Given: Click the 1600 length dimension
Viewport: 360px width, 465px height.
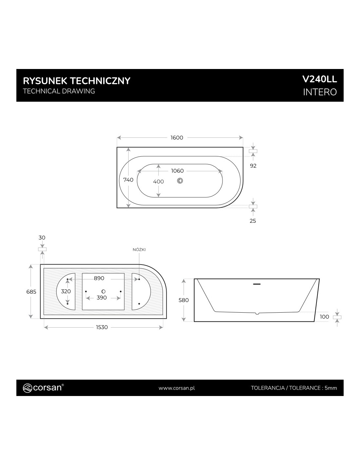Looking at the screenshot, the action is click(x=177, y=138).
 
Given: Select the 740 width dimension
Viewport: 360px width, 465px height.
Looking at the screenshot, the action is click(x=128, y=180).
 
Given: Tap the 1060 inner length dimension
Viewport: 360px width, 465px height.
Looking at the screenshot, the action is click(x=177, y=171).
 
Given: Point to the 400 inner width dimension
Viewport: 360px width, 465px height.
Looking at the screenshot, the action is click(x=158, y=181).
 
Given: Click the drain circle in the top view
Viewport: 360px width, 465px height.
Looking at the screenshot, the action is click(x=180, y=181).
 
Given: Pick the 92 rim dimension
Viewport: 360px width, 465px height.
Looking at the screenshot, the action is click(x=253, y=166).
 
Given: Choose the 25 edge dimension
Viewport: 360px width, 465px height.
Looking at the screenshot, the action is click(x=253, y=221).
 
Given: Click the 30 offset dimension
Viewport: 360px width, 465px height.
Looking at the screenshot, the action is click(x=42, y=237).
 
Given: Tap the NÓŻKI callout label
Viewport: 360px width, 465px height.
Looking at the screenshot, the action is click(x=139, y=250).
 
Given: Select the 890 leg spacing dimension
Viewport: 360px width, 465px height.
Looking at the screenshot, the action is click(x=99, y=278).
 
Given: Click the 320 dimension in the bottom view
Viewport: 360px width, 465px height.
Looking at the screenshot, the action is click(x=66, y=291).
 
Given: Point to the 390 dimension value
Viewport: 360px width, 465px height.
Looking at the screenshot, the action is click(x=101, y=298).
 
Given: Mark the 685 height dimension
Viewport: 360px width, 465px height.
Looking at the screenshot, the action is click(x=31, y=292).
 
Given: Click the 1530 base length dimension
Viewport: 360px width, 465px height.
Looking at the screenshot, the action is click(x=102, y=327).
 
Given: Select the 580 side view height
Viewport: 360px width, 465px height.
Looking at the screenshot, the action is click(x=184, y=300).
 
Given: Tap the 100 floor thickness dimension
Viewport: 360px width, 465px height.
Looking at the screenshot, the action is click(x=324, y=317).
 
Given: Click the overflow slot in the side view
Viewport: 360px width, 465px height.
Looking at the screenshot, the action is click(x=257, y=284).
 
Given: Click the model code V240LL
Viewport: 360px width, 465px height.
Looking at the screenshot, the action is click(x=319, y=79).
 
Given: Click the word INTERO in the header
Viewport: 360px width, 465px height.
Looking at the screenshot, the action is click(x=320, y=92).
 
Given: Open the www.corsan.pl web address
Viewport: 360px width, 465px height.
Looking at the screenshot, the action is click(x=177, y=388).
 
